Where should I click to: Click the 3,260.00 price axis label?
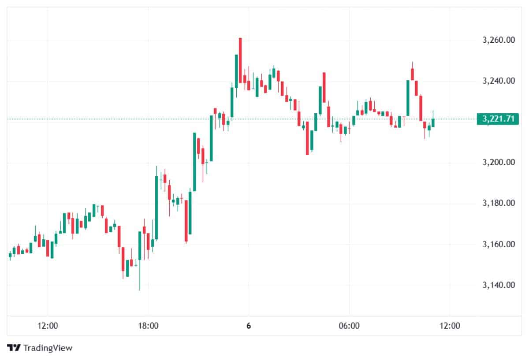499,41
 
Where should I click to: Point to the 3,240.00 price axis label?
499,81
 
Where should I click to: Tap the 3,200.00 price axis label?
499,163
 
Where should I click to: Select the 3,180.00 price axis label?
499,203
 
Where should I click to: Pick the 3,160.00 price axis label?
499,244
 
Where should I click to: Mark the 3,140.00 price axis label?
499,285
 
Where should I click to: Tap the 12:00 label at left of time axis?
48,326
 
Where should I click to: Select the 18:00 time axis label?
148,326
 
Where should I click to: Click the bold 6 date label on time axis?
249,326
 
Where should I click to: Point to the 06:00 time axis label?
349,326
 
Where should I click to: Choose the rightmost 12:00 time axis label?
450,326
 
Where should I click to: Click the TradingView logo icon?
14,348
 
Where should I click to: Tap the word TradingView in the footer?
48,348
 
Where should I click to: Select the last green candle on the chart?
433,122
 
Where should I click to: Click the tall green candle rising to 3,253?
236,71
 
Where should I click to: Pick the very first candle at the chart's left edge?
10,255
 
